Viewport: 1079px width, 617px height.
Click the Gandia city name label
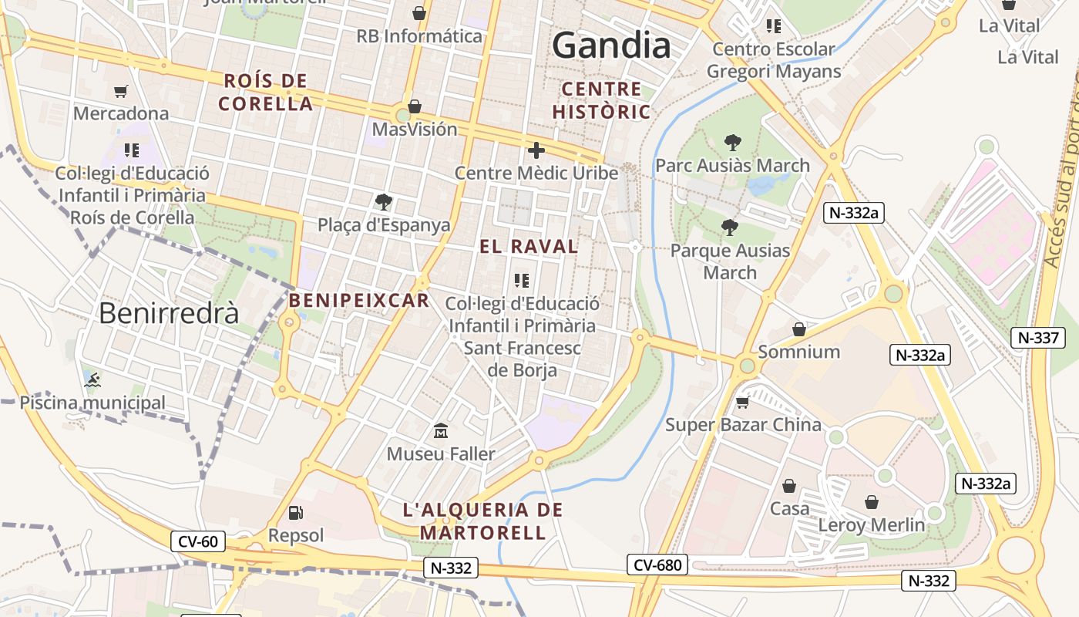612,46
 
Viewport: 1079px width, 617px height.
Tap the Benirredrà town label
169,313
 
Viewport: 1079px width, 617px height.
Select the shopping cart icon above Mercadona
121,92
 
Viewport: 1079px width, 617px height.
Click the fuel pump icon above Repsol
295,513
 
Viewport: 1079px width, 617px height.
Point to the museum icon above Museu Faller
441,430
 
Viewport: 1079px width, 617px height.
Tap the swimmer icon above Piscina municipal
92,379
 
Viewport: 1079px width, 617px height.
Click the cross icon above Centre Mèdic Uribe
536,150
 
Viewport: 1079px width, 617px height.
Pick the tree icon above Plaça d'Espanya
383,202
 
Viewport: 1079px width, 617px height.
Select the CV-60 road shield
198,541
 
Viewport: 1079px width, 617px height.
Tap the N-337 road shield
1037,338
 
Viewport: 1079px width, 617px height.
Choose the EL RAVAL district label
529,247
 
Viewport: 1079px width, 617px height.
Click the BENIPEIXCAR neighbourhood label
359,301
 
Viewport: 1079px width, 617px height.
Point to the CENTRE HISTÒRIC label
612,100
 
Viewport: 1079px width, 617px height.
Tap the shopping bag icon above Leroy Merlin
872,502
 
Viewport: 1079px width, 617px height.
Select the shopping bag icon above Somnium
799,329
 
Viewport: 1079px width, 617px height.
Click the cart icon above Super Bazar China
743,402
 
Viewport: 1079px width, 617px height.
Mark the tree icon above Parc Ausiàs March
732,142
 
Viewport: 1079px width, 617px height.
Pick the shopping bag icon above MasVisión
415,106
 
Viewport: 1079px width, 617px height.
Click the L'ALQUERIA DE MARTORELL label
483,521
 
